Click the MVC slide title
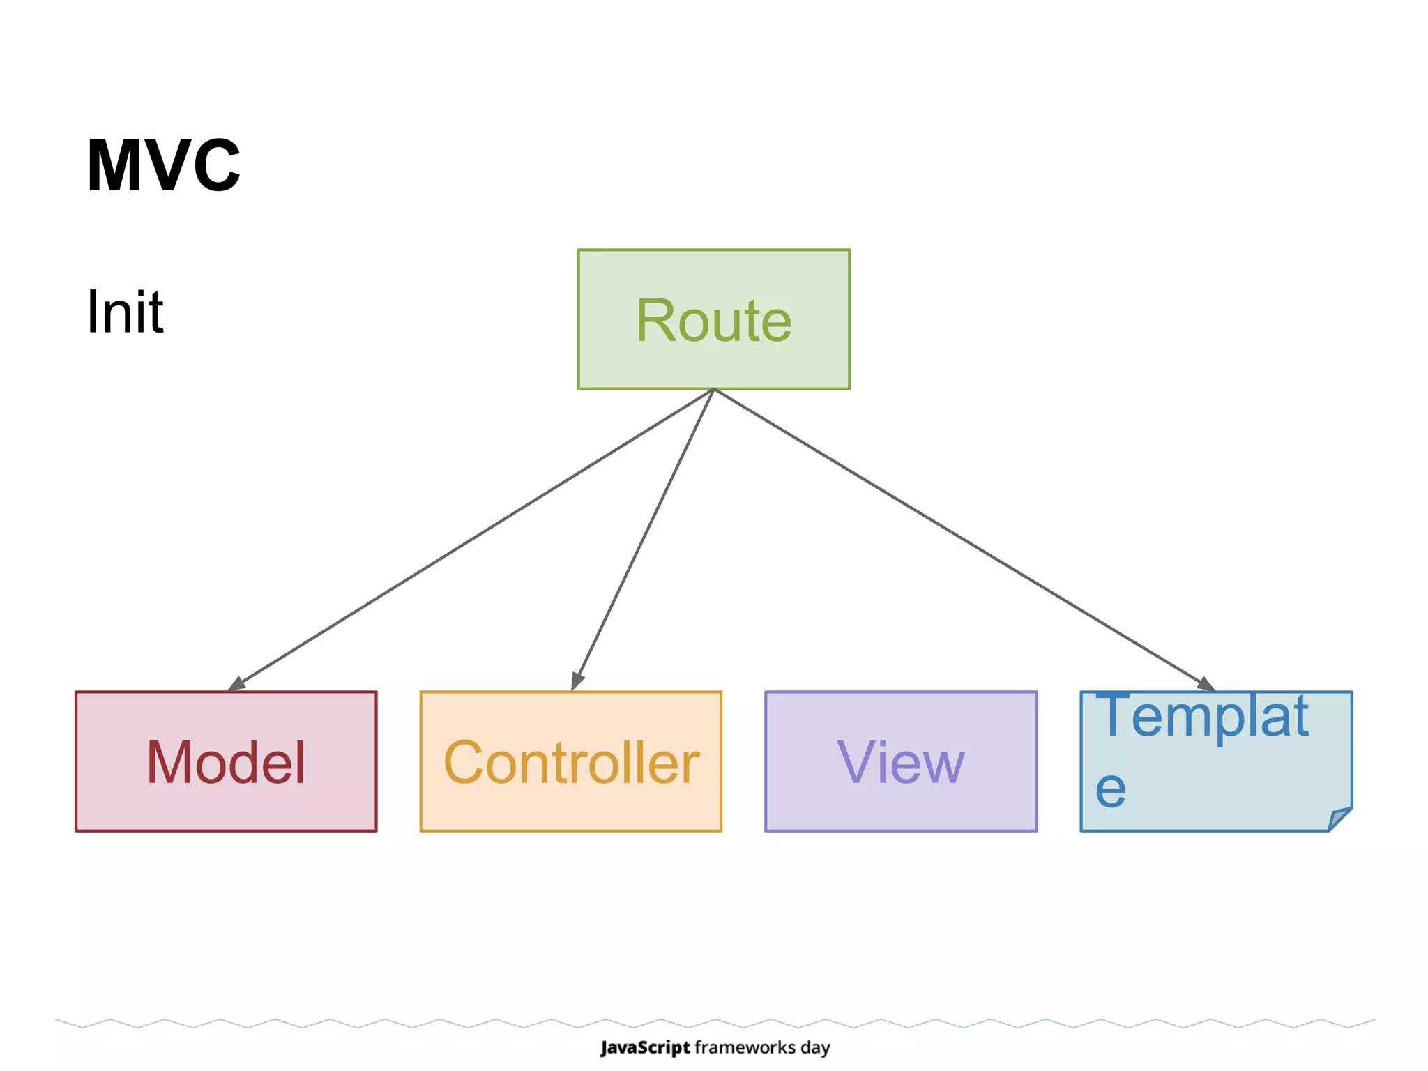click(163, 166)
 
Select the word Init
click(125, 312)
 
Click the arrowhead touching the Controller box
click(577, 680)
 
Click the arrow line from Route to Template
click(962, 538)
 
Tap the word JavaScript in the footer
click(645, 1047)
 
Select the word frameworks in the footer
click(745, 1047)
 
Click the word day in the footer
click(815, 1048)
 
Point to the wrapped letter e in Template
click(1110, 790)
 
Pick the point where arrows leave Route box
click(714, 389)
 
